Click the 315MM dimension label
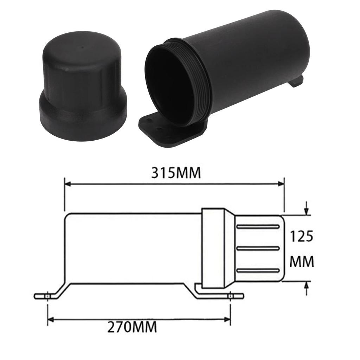pyautogui.click(x=176, y=173)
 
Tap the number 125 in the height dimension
pyautogui.click(x=301, y=237)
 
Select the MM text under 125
pyautogui.click(x=301, y=262)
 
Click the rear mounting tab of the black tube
pyautogui.click(x=296, y=81)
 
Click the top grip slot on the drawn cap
pyautogui.click(x=258, y=227)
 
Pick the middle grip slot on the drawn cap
pyautogui.click(x=258, y=248)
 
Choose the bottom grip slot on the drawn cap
pyautogui.click(x=258, y=270)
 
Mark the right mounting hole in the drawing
pyautogui.click(x=230, y=296)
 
